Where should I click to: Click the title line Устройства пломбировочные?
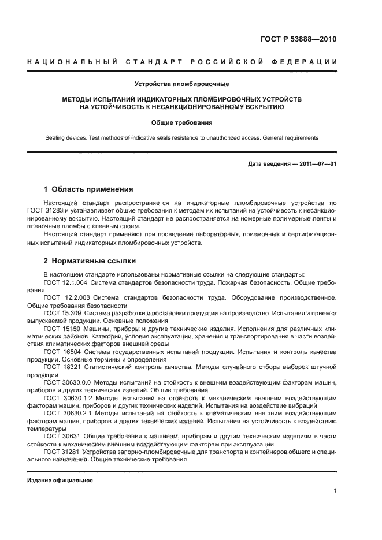182,85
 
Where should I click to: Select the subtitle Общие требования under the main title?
182,122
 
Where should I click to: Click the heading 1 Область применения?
89,189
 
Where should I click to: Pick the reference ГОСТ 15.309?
61,312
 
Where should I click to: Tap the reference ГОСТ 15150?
60,327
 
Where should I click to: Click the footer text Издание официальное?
60,480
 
